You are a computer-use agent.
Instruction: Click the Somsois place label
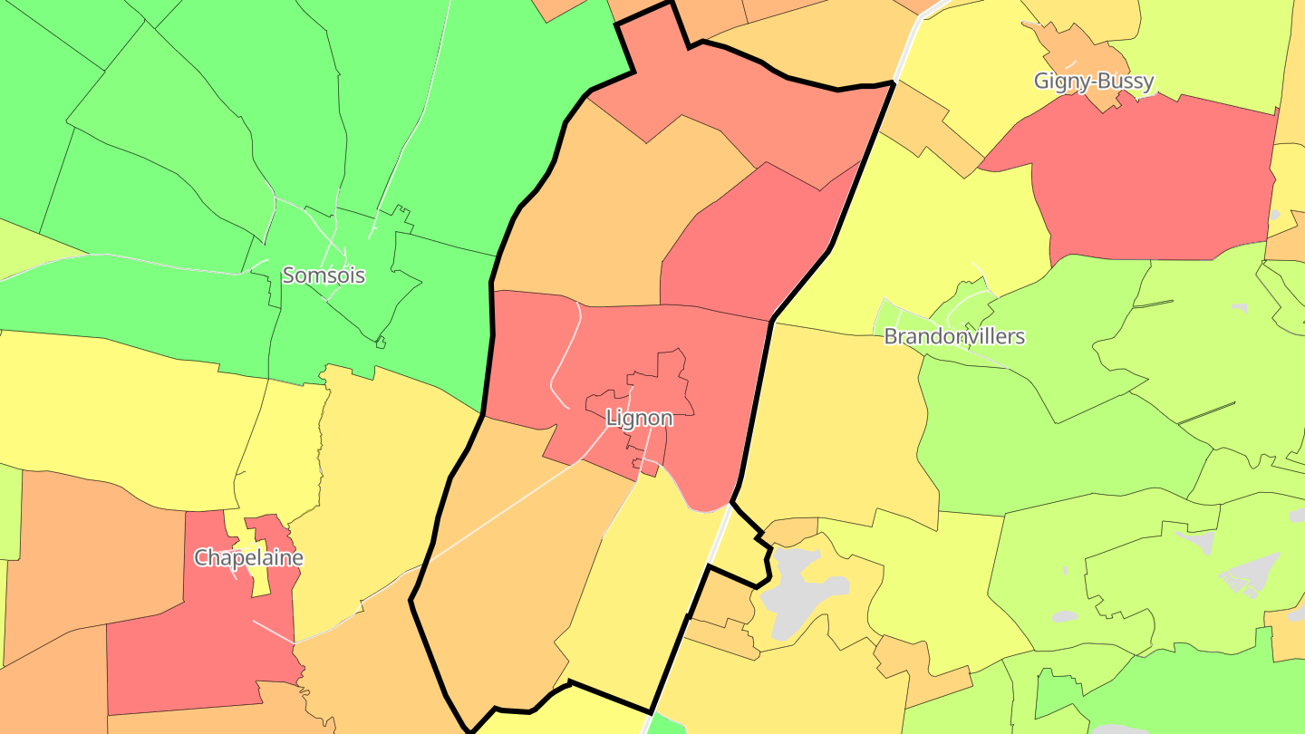[x=324, y=275]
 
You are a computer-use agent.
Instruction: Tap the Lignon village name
[x=639, y=418]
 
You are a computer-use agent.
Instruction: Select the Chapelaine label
[x=248, y=557]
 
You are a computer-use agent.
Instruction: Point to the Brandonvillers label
[x=954, y=336]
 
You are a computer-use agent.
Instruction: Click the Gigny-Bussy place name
[x=1094, y=81]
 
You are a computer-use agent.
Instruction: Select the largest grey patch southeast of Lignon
[x=797, y=580]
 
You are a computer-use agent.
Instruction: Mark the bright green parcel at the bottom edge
[x=668, y=724]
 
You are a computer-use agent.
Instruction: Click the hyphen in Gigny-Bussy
[x=1094, y=82]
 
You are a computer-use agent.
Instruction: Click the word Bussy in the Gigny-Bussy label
[x=1126, y=81]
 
